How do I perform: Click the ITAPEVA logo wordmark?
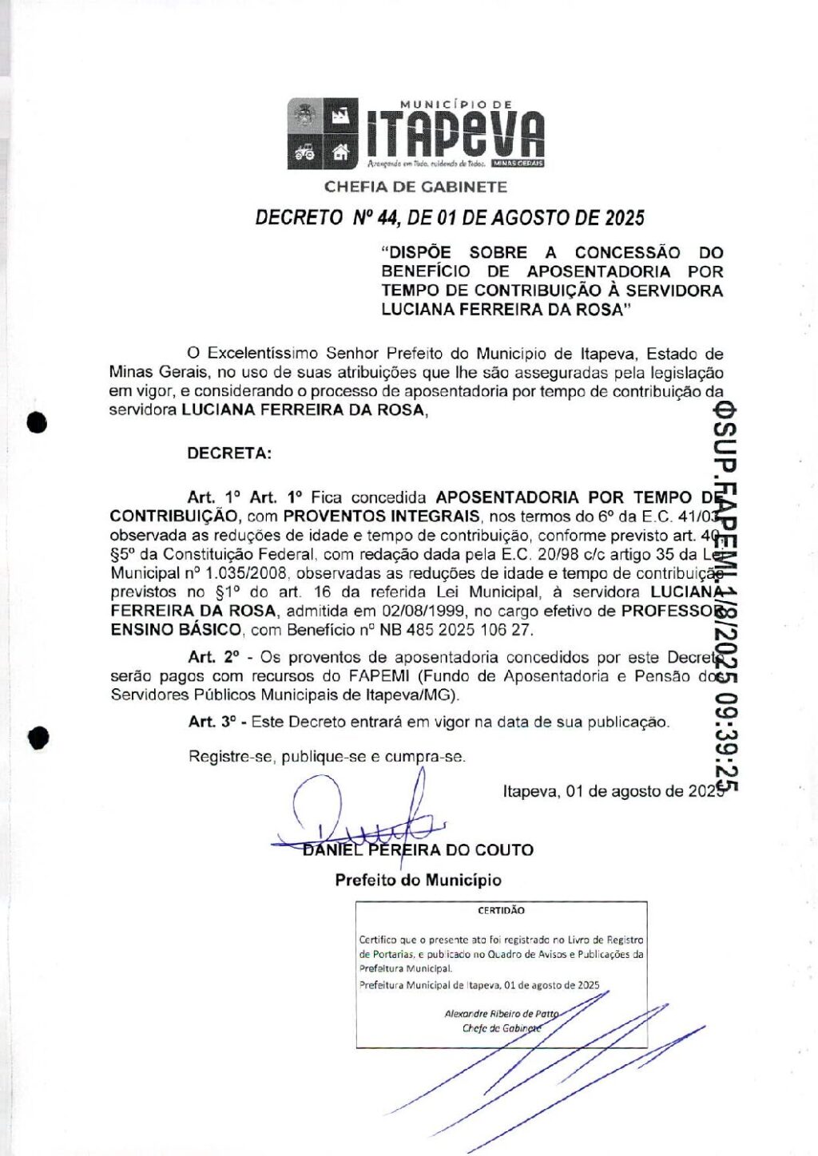[x=455, y=133]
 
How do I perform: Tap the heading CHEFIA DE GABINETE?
[x=415, y=187]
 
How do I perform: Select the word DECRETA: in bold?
[x=229, y=453]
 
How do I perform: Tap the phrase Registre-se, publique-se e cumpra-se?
[x=327, y=756]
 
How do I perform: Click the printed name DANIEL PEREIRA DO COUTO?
[x=418, y=850]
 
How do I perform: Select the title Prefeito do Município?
[x=418, y=881]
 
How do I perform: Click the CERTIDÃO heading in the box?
[x=501, y=910]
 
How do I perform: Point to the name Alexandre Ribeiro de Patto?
[x=502, y=1014]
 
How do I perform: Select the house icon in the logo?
[x=341, y=151]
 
